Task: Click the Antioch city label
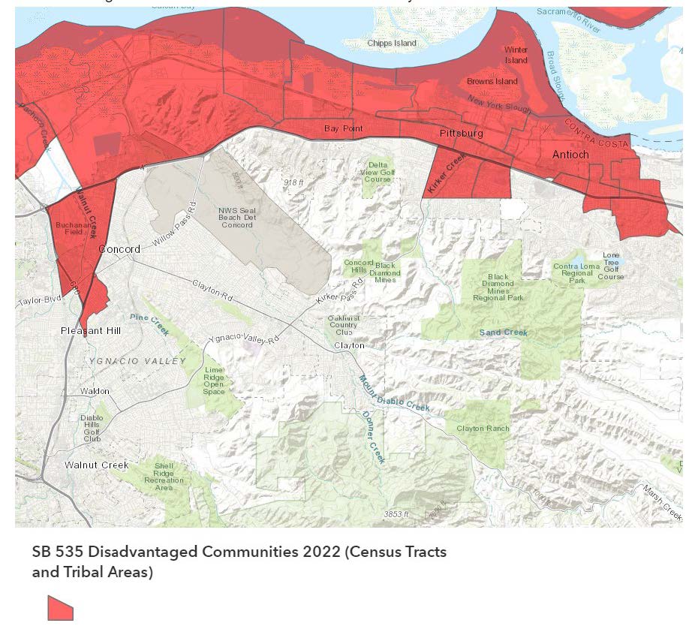(x=570, y=155)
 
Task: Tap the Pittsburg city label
(x=461, y=134)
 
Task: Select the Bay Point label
(x=343, y=128)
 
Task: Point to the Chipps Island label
(x=391, y=44)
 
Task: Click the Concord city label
(x=119, y=249)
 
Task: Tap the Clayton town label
(x=349, y=345)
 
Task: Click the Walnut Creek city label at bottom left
(x=96, y=465)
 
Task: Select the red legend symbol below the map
(x=60, y=608)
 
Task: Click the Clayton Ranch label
(x=483, y=429)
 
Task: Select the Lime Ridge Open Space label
(x=214, y=381)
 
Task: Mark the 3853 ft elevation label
(x=396, y=514)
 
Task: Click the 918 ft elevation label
(x=293, y=182)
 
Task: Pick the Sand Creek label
(x=504, y=333)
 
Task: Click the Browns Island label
(x=492, y=81)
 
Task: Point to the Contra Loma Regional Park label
(x=576, y=273)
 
